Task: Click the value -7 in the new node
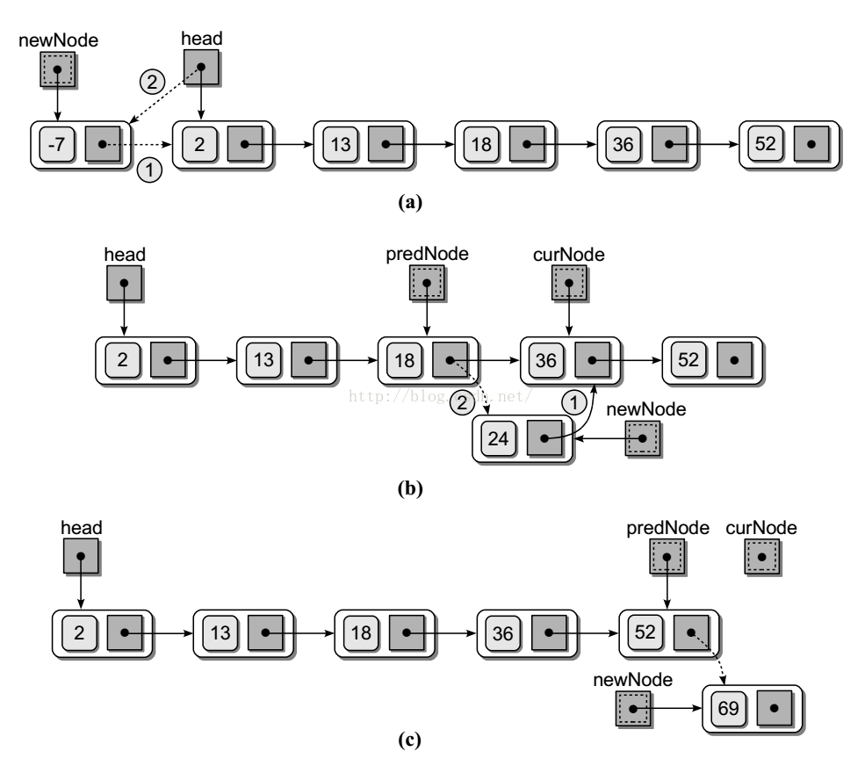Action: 57,144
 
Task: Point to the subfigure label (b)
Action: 410,488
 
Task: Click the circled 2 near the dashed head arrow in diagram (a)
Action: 152,82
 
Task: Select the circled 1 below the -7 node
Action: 150,172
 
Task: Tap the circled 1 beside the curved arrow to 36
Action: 573,403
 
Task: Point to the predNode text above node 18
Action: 427,254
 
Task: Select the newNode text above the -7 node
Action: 57,40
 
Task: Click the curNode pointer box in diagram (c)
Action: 761,557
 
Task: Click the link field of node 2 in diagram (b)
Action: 167,359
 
